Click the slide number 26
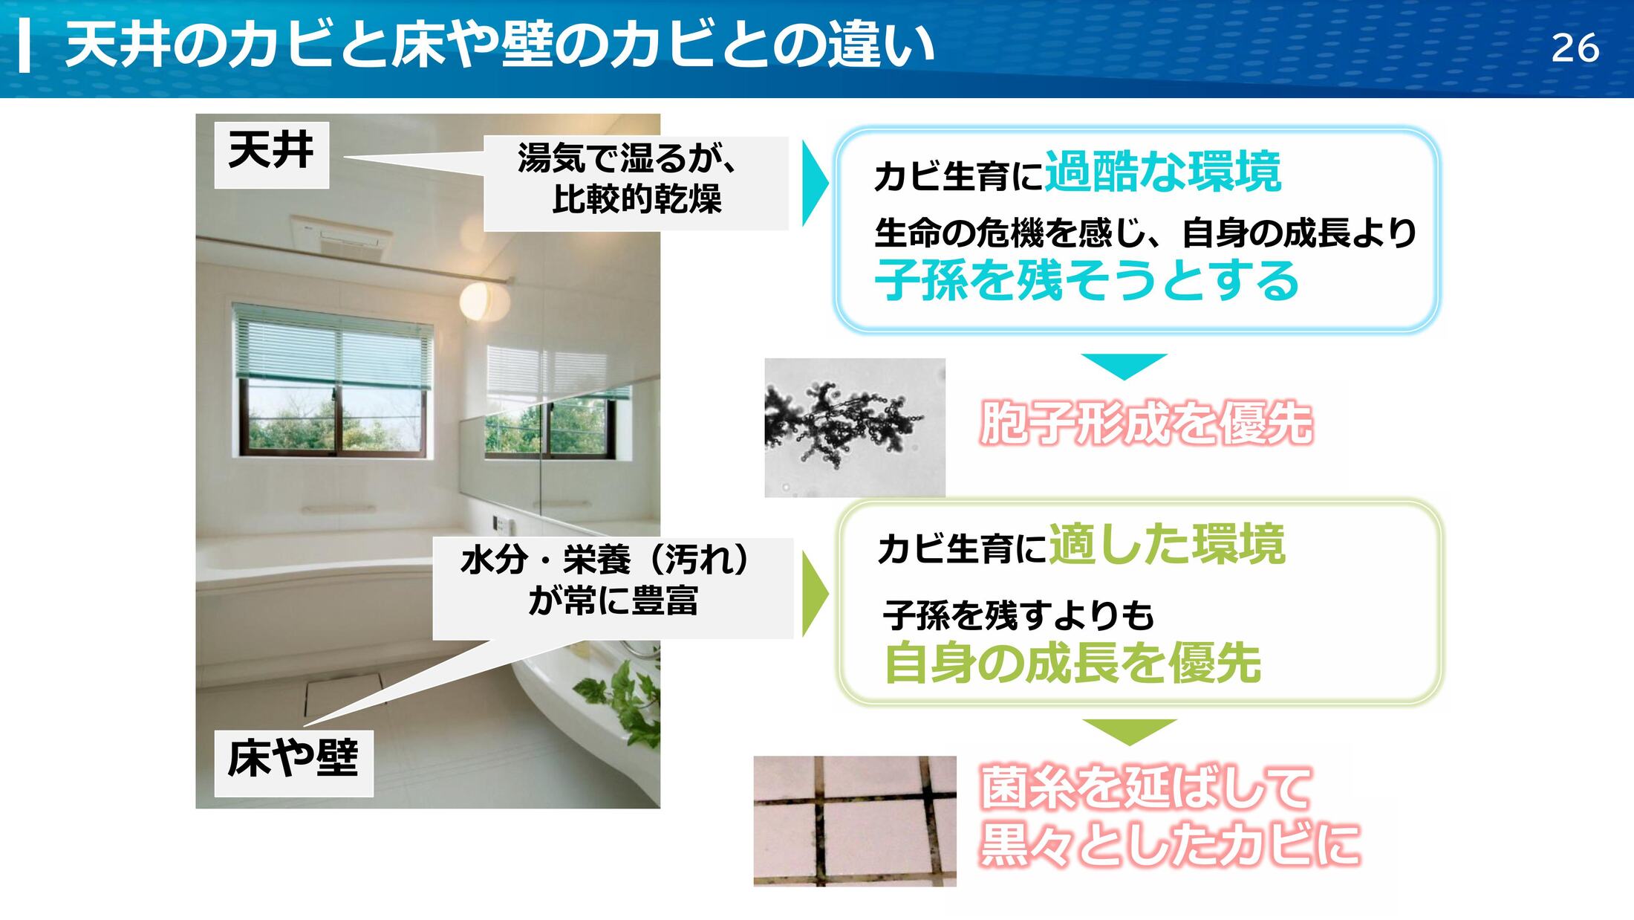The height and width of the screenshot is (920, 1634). pyautogui.click(x=1575, y=49)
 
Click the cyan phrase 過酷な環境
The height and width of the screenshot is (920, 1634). pyautogui.click(x=1163, y=172)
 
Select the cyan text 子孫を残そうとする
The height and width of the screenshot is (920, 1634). pyautogui.click(x=1087, y=280)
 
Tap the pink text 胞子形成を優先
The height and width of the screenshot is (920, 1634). pyautogui.click(x=1146, y=424)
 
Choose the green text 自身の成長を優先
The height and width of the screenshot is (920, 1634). pyautogui.click(x=1072, y=663)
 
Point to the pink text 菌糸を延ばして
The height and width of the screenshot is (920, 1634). pyautogui.click(x=1145, y=788)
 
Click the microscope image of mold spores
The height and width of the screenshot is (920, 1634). pyautogui.click(x=855, y=427)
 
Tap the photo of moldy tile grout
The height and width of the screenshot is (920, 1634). pyautogui.click(x=855, y=821)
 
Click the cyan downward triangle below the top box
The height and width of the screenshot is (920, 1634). pyautogui.click(x=1124, y=365)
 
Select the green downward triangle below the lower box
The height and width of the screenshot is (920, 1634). pyautogui.click(x=1129, y=731)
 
